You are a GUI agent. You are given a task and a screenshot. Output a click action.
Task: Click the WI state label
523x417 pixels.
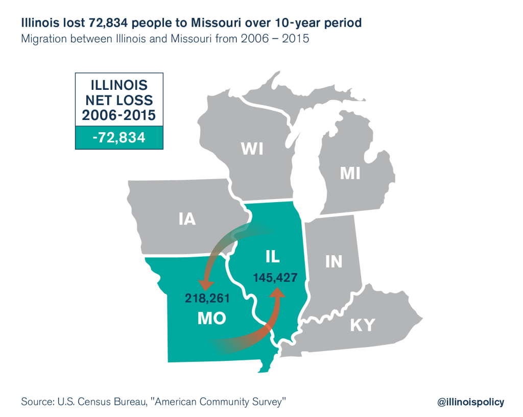tap(252, 149)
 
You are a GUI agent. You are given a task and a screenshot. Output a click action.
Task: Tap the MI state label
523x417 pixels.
tap(350, 174)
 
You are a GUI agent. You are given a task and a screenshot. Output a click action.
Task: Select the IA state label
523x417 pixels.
tap(187, 219)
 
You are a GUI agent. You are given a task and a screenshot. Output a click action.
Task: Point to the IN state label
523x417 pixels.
tap(334, 262)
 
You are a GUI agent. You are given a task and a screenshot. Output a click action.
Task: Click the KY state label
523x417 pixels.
tap(362, 325)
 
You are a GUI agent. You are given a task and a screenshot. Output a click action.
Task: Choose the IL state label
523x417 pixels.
tap(272, 257)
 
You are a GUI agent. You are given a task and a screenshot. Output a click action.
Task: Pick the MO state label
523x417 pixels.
tap(212, 318)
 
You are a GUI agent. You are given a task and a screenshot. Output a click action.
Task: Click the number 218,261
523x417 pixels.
tap(207, 299)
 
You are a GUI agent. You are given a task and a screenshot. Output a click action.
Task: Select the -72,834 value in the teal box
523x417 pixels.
tap(118, 137)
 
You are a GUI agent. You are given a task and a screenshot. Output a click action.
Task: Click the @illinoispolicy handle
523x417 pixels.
tap(470, 402)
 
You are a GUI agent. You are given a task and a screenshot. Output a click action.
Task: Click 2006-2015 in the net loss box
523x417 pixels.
tap(118, 115)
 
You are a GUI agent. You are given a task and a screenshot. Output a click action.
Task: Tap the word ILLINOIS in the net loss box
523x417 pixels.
tap(118, 84)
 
